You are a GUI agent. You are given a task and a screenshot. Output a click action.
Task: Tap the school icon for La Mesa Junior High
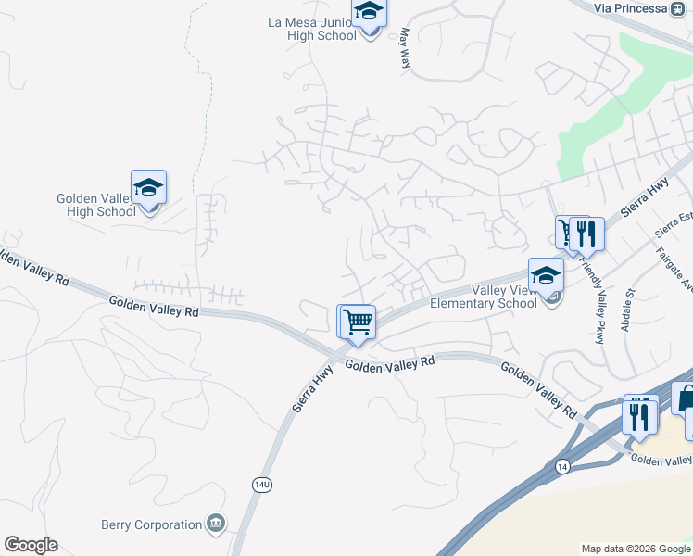(369, 13)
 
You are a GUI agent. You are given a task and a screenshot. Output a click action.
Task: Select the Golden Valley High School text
(96, 205)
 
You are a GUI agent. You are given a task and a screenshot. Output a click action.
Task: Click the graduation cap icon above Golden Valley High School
(148, 188)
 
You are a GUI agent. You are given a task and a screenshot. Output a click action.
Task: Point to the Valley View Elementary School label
(483, 296)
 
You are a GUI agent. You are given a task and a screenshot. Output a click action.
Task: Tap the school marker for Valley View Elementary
(546, 275)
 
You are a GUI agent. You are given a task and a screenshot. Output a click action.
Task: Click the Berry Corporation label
(152, 524)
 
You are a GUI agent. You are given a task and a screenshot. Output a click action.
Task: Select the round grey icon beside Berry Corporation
(216, 524)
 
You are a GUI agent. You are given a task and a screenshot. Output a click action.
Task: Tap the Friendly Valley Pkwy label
(591, 297)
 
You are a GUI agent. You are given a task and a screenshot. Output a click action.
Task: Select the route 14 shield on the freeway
(561, 463)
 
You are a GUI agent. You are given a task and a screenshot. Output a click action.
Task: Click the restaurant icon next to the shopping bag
(641, 413)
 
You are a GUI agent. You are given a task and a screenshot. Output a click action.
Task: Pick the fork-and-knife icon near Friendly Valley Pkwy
(587, 234)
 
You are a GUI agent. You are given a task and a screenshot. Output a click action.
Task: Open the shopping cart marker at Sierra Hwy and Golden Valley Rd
(357, 322)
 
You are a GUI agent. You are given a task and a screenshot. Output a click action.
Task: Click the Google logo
(31, 545)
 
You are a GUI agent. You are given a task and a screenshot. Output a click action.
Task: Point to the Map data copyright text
(636, 549)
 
